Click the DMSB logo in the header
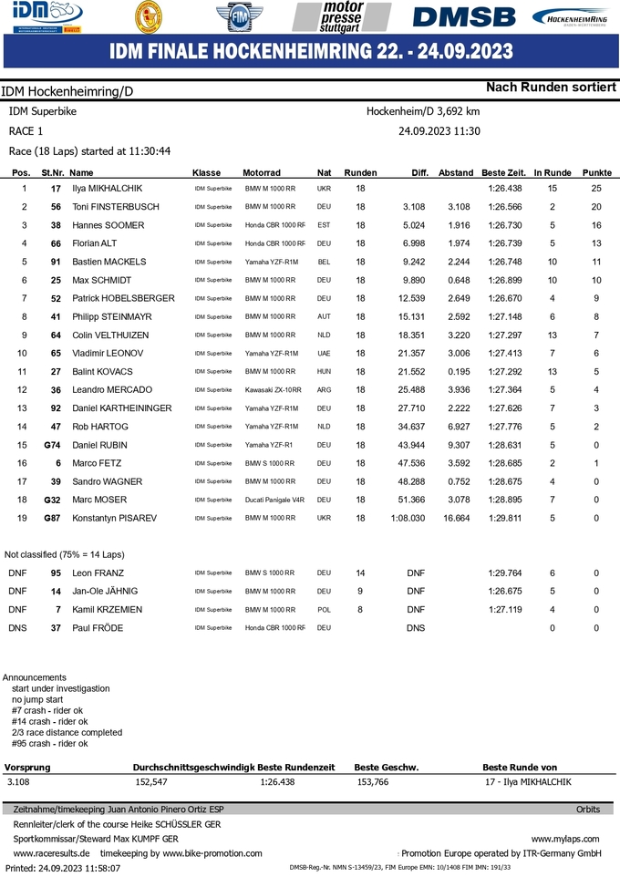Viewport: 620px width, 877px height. tap(463, 17)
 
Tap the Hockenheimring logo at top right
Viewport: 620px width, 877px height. tap(572, 17)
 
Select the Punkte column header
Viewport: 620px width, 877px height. tap(596, 172)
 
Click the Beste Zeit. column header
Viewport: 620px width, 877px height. tap(503, 172)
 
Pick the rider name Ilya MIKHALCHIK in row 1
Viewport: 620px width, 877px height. tap(108, 189)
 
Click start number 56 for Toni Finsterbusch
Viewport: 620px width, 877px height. tap(56, 207)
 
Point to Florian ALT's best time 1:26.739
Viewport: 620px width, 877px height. tap(504, 243)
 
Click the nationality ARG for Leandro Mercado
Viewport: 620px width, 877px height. tap(324, 390)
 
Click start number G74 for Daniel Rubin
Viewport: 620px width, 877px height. tap(52, 445)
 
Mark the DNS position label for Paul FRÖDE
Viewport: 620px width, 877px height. tap(17, 628)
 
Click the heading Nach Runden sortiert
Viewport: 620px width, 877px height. tap(551, 88)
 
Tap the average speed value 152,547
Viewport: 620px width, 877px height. tap(150, 782)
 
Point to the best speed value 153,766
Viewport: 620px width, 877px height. tap(372, 782)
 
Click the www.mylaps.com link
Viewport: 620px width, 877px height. tap(565, 838)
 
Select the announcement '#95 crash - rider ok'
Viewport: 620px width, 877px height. tap(50, 743)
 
